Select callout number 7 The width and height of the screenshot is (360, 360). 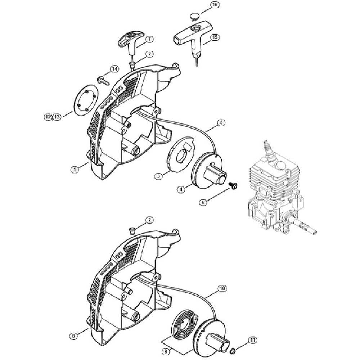pyautogui.click(x=149, y=39)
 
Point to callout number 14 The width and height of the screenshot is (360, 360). pyautogui.click(x=114, y=69)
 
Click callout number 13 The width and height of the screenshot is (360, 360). pyautogui.click(x=57, y=117)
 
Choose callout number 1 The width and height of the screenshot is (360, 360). pyautogui.click(x=75, y=170)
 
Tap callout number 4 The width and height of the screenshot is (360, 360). pyautogui.click(x=181, y=189)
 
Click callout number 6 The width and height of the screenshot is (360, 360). pyautogui.click(x=203, y=202)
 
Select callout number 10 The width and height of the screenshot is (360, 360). pyautogui.click(x=222, y=288)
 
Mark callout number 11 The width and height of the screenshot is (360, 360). pyautogui.click(x=253, y=340)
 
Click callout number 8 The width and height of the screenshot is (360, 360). pyautogui.click(x=73, y=336)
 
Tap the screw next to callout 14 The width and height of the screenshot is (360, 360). pyautogui.click(x=104, y=81)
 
